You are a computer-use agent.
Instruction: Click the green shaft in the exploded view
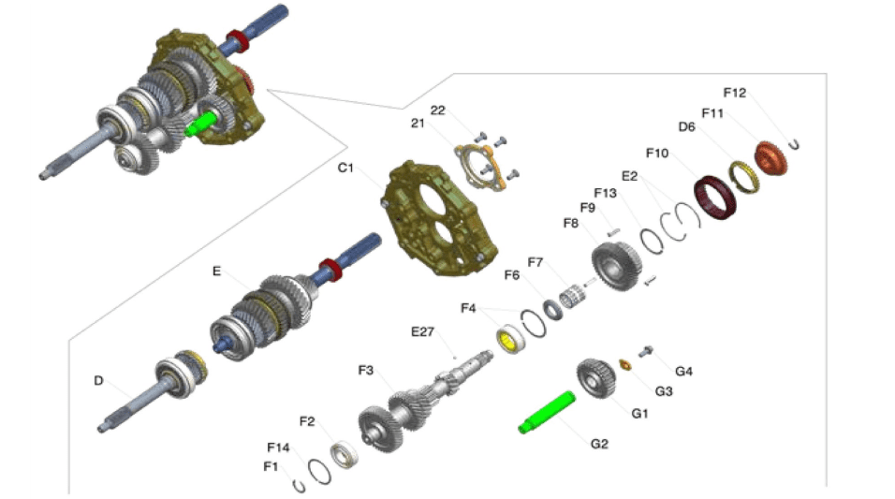pos(547,412)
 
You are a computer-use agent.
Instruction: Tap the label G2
pos(599,444)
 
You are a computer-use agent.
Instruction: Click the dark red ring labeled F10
pos(714,198)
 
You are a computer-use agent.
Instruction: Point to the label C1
pos(345,168)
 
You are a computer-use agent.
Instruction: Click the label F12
pos(735,93)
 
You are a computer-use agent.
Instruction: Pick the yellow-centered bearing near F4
pos(511,339)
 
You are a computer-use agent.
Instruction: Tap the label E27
pos(422,331)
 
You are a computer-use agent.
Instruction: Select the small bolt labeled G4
pos(646,352)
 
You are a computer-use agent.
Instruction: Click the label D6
pos(686,126)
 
